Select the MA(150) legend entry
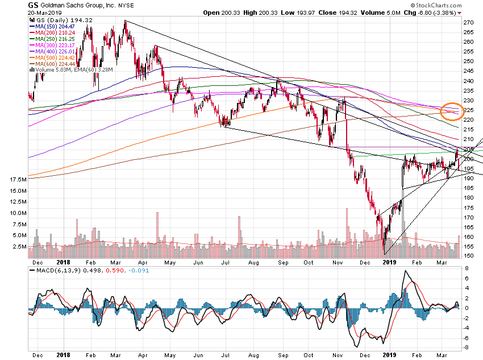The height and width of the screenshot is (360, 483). [48, 27]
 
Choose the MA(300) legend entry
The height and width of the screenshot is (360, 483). [48, 45]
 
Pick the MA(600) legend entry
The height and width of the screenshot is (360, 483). [48, 64]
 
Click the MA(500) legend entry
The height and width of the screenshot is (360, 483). [48, 58]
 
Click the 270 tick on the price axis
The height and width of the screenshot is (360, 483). [469, 22]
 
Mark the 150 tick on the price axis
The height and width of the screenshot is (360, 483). [469, 256]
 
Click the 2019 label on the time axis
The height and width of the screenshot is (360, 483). [389, 262]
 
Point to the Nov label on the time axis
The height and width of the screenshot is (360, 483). [338, 262]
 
